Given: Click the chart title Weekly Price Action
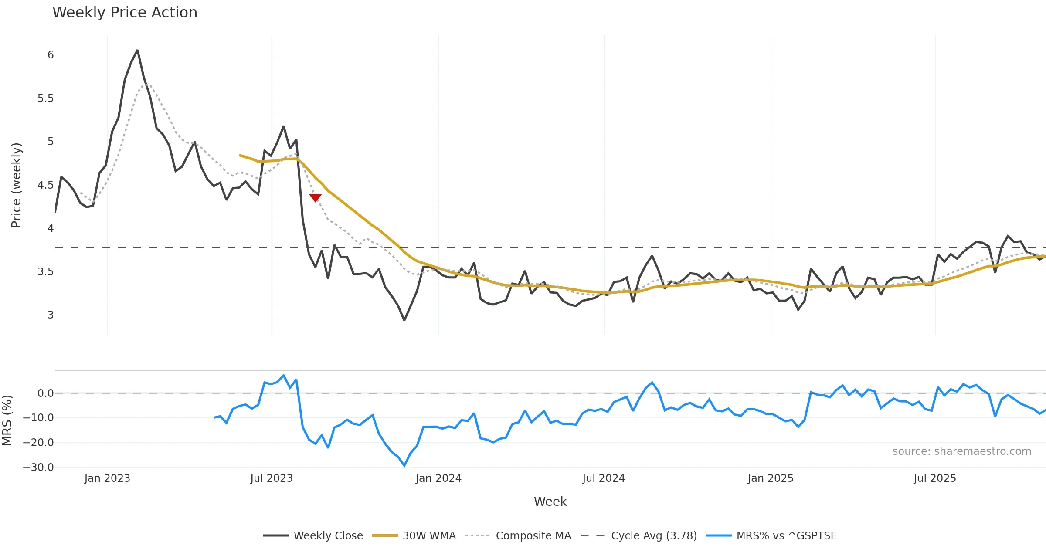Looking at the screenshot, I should pos(125,13).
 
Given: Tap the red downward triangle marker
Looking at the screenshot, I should pos(315,198).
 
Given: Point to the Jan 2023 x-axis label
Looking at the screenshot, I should pos(107,478).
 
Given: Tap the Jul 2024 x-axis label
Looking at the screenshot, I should pos(604,478).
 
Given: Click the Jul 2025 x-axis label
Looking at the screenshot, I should pos(935,478).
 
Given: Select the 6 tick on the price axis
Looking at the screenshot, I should pos(51,55).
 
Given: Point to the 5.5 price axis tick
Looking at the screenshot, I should pos(46,98).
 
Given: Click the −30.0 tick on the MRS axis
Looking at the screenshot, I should pos(38,468).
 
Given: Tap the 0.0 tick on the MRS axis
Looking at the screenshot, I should pos(45,393).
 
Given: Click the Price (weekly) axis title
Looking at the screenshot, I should pos(16,185).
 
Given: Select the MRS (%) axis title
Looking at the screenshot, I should pos(7,420).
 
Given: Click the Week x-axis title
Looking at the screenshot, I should pos(550,502).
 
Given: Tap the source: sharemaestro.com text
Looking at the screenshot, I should pos(961,451).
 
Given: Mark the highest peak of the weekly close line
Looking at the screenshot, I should pos(137,51).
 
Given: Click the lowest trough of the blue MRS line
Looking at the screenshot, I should pos(404,466).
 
